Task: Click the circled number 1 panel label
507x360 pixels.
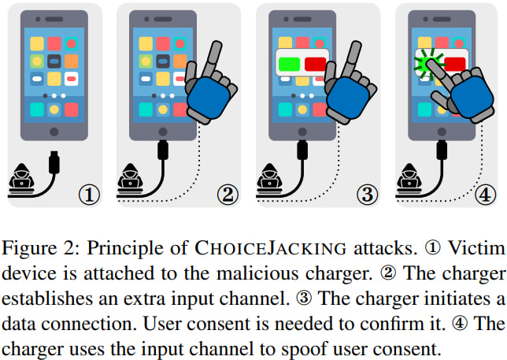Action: tap(89, 195)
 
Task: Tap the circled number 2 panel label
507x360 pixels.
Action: tap(228, 195)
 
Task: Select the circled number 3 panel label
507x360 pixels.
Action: tap(367, 195)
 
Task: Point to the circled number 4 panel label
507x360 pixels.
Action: tap(485, 195)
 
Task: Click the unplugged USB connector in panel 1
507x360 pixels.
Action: tap(54, 162)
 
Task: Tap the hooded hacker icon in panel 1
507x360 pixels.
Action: tap(22, 178)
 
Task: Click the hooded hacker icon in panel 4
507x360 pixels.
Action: tap(409, 178)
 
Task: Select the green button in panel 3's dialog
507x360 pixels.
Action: tap(289, 64)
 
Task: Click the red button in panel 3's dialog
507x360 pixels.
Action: tap(315, 64)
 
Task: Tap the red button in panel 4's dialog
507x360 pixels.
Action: tap(455, 64)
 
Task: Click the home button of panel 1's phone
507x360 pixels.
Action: tap(54, 132)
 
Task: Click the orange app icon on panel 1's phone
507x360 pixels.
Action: tap(72, 61)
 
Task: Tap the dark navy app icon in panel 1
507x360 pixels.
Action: tap(54, 61)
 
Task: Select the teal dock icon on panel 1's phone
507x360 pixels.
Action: tap(37, 109)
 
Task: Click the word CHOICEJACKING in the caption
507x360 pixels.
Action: tap(271, 248)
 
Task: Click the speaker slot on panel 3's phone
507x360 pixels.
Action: tap(302, 20)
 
